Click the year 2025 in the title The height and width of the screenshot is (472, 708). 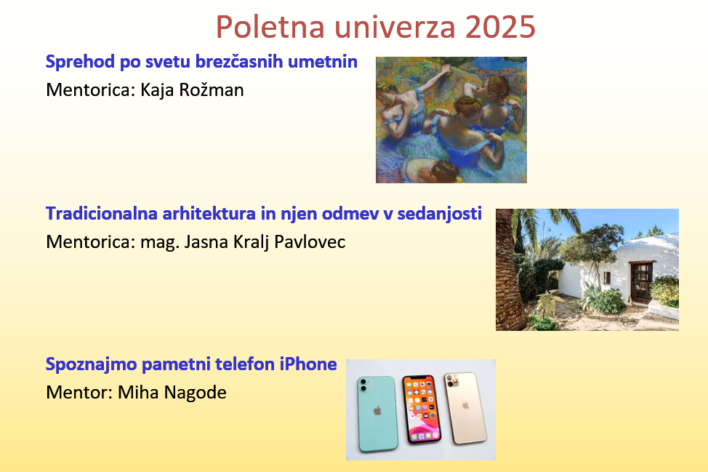[x=500, y=27]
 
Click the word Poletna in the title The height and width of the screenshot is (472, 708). [x=270, y=27]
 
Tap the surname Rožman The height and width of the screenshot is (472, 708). [x=212, y=90]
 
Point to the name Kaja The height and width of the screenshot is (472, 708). [x=157, y=90]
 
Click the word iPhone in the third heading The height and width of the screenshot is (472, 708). [x=308, y=364]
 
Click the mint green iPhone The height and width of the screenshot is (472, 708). [x=377, y=413]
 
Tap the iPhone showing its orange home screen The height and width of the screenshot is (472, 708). [x=422, y=409]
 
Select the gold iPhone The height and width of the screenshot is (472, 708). [x=465, y=408]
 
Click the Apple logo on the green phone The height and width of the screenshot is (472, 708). [x=377, y=411]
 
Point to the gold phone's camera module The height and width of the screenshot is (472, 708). [x=453, y=380]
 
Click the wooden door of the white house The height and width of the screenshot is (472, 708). [x=641, y=282]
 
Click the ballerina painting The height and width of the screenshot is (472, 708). [x=451, y=120]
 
